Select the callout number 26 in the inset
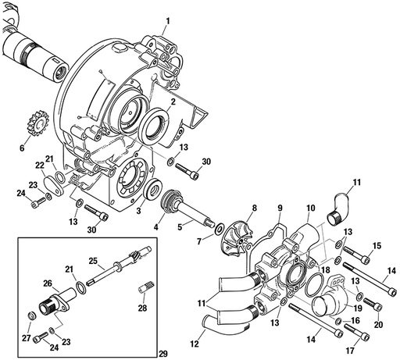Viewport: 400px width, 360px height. (46, 284)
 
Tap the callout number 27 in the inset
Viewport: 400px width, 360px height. (27, 337)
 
